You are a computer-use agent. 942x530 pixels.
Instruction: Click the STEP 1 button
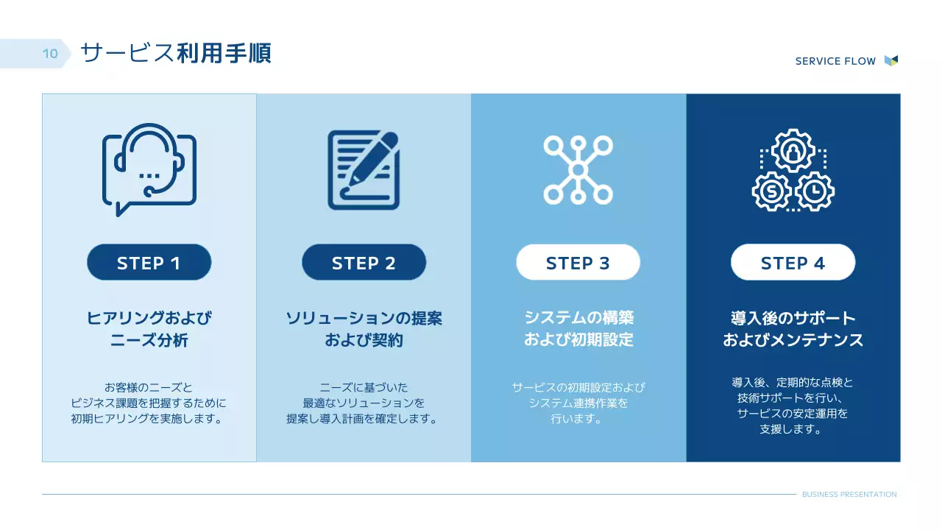(x=149, y=263)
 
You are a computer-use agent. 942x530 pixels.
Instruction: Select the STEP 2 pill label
(x=364, y=263)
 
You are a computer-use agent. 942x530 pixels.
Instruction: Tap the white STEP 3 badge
(x=578, y=263)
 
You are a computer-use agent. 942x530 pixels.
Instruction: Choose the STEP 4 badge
(x=793, y=263)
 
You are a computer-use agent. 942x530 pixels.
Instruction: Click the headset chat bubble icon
(x=149, y=169)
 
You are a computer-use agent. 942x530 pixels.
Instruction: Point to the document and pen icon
(x=364, y=169)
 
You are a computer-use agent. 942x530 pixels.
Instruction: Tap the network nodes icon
(x=578, y=169)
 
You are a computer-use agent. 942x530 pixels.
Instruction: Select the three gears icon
(x=793, y=170)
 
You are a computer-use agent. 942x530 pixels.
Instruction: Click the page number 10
(x=50, y=54)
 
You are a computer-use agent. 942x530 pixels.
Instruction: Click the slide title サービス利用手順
(x=175, y=53)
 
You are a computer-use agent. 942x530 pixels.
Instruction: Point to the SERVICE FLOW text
(x=835, y=61)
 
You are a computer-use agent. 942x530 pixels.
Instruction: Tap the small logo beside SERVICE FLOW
(x=890, y=60)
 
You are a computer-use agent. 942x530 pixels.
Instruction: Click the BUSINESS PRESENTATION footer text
(x=849, y=495)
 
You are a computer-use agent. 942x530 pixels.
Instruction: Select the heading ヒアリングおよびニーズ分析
(x=149, y=329)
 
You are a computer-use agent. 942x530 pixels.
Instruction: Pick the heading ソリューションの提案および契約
(x=364, y=329)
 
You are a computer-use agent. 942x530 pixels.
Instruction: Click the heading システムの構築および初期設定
(x=578, y=329)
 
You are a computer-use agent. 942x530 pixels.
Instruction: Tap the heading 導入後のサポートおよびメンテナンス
(x=793, y=329)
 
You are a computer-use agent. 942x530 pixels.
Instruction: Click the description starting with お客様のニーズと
(x=149, y=403)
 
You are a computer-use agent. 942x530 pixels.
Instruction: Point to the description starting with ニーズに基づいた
(x=364, y=403)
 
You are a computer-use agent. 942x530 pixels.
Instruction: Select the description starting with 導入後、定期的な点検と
(x=793, y=406)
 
